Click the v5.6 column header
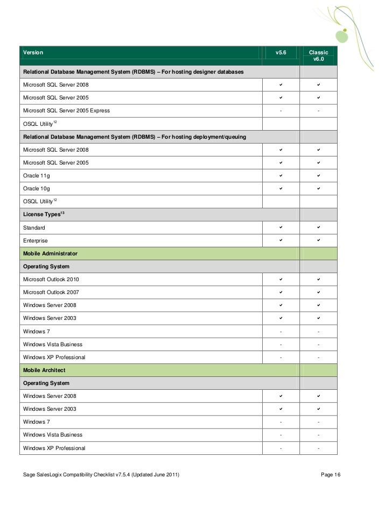281,53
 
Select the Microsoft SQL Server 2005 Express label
66,111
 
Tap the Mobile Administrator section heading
50,253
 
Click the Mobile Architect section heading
45,370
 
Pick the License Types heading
42,215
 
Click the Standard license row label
34,227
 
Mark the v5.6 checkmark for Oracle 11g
281,176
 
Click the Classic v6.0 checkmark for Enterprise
319,240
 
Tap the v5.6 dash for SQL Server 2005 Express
281,111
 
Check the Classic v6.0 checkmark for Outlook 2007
319,292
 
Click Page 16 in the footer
331,475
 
